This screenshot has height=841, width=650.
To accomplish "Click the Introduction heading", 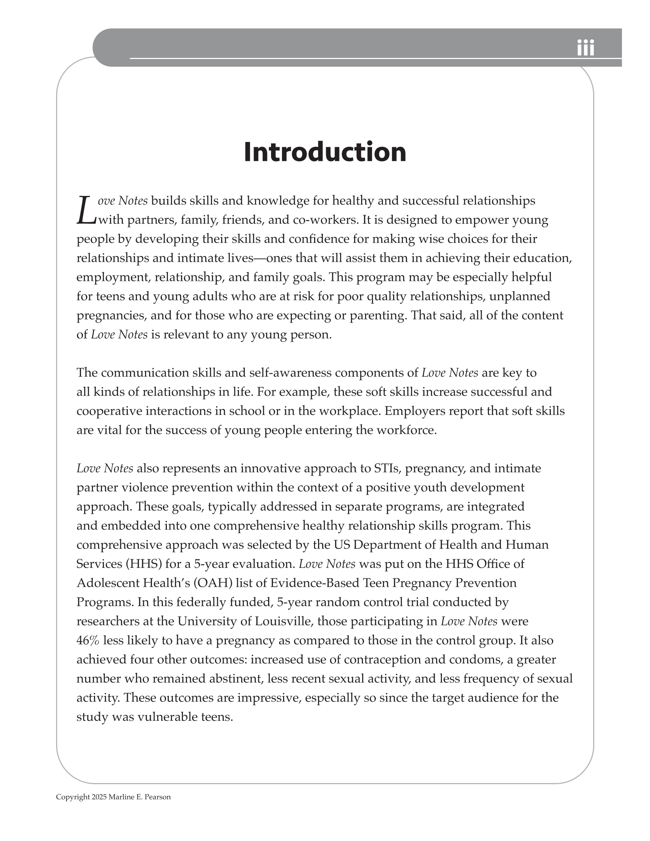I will pyautogui.click(x=325, y=152).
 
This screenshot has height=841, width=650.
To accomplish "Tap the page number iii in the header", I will pyautogui.click(x=585, y=48).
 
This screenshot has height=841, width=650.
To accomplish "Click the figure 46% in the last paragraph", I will pyautogui.click(x=88, y=641).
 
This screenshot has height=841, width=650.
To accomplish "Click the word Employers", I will pyautogui.click(x=414, y=411).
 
